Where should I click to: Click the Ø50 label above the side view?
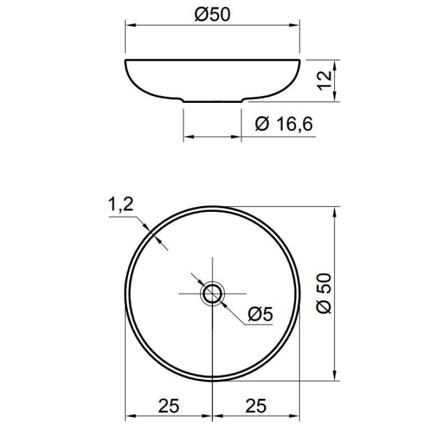212,15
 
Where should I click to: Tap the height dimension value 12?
325,80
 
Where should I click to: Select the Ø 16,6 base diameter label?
284,124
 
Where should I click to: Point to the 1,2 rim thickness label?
121,205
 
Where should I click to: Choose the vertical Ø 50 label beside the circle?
324,293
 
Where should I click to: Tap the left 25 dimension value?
169,406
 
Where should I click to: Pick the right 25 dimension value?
256,406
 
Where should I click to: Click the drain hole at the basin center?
212,293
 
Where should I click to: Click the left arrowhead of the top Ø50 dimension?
130,25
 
